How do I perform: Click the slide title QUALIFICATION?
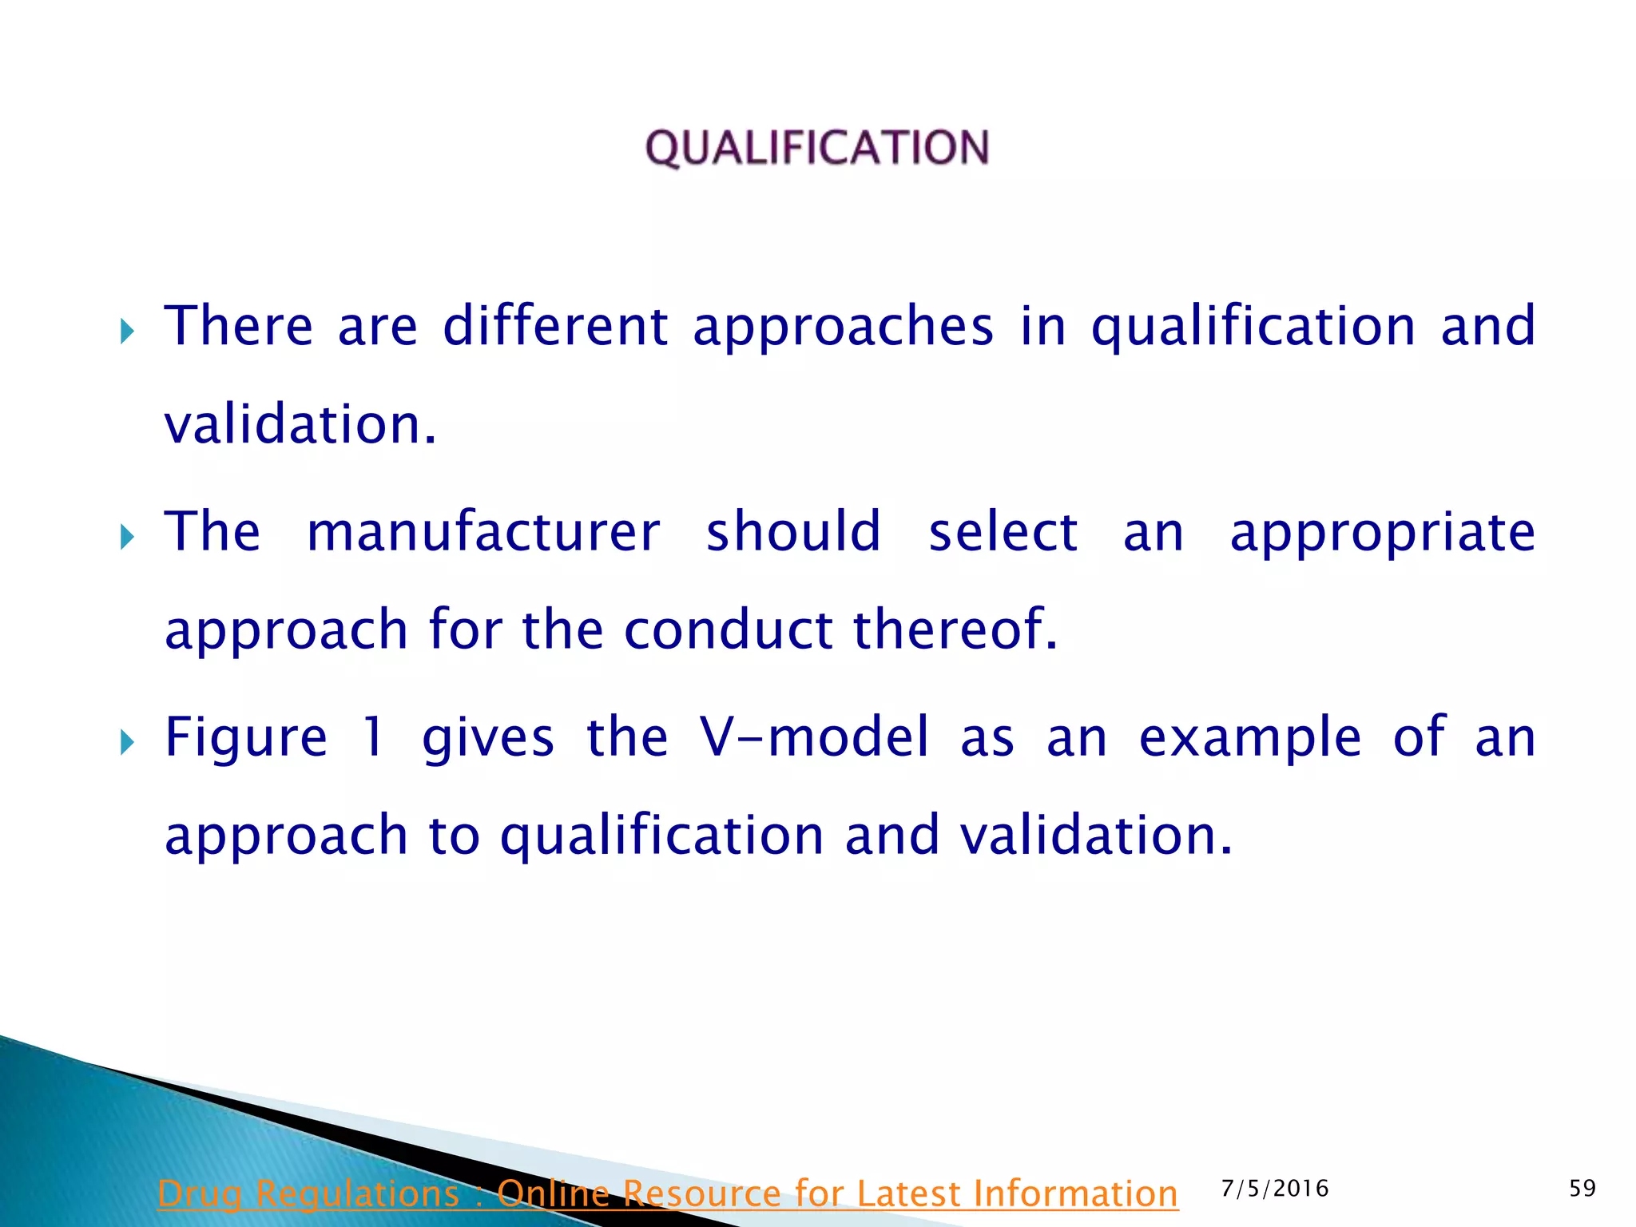[817, 148]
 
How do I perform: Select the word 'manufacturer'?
[483, 532]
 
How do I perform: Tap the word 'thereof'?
[955, 629]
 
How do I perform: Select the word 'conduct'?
[729, 629]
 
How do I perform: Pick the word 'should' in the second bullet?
[793, 532]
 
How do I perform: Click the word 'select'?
[1003, 532]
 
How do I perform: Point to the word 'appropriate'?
[1382, 534]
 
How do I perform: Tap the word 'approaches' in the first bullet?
[844, 328]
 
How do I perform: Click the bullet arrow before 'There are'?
[127, 331]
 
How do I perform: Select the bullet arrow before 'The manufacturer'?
[127, 537]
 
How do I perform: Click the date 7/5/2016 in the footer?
[1275, 1189]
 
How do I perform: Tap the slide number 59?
[1582, 1189]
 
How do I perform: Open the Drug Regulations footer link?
[668, 1194]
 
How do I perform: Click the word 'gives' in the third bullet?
[487, 738]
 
